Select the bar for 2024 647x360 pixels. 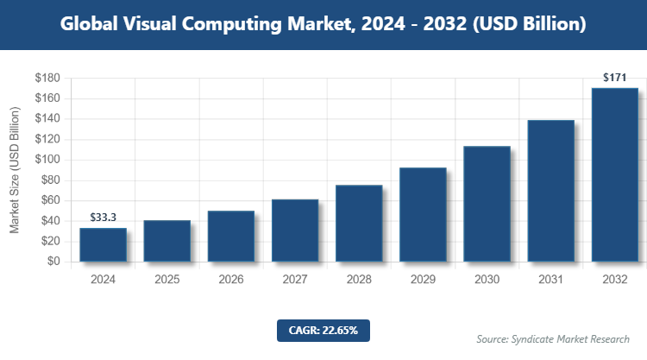point(103,244)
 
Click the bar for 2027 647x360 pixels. point(295,231)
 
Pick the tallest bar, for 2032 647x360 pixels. point(614,174)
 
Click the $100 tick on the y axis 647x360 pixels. point(47,160)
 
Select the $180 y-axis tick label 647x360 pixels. point(47,79)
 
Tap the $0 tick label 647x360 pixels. point(53,262)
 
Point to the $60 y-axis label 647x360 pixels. point(49,200)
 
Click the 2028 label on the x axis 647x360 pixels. point(359,280)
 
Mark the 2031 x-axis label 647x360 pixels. point(550,280)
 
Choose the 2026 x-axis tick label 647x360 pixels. point(231,280)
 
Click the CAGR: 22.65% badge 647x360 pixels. point(323,330)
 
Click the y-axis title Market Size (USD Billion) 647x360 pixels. point(15,170)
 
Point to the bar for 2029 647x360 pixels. point(423,214)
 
